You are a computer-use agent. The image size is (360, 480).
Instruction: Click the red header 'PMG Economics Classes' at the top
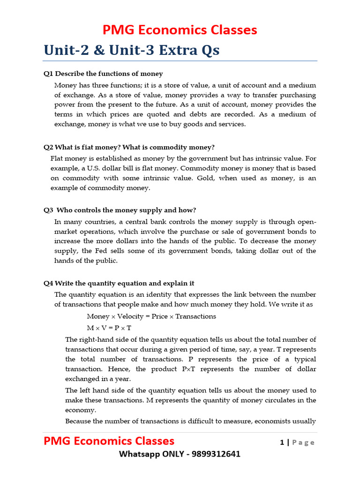point(180,30)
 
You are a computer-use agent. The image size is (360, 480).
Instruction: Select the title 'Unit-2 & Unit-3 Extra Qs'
point(131,50)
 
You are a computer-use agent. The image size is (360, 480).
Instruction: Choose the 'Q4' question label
point(48,284)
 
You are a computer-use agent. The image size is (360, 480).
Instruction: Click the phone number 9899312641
point(216,454)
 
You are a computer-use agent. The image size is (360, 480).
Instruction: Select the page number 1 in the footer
point(282,442)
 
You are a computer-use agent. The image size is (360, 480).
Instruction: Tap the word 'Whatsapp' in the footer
point(139,454)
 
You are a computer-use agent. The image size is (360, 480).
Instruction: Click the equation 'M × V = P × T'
point(109,328)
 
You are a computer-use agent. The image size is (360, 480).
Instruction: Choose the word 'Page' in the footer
point(303,442)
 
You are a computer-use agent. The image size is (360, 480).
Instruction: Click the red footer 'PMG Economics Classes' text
point(109,441)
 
